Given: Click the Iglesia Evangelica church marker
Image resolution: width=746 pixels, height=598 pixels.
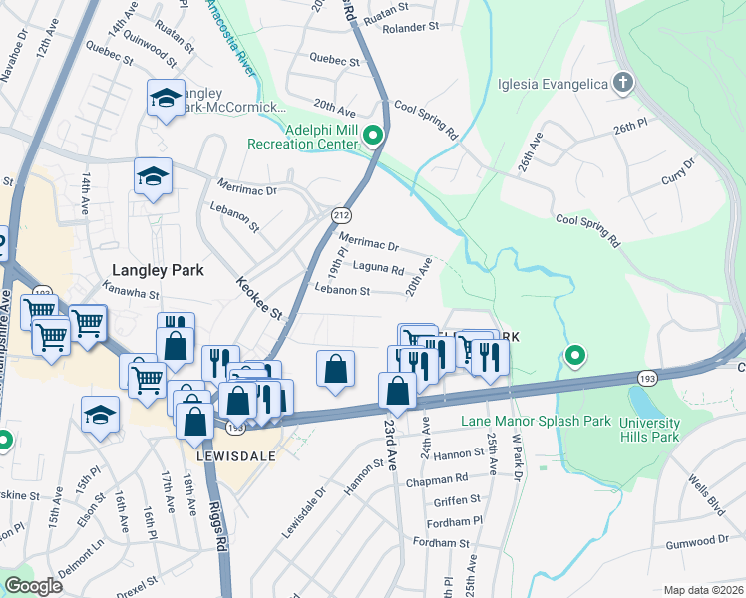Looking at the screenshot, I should point(623,83).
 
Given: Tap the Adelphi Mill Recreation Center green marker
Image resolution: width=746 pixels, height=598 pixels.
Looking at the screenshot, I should point(374,135).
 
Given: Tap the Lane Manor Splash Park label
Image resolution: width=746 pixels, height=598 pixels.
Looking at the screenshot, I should point(536,421).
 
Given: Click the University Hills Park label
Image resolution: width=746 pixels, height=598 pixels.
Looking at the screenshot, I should point(649,430).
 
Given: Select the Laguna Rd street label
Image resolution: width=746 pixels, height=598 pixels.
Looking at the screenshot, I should point(379,269).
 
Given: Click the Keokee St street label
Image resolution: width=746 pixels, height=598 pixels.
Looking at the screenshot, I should point(259,299).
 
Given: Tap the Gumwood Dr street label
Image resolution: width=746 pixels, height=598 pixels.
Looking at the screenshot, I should point(699,539).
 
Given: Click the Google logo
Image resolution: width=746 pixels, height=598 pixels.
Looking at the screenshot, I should point(34,586).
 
